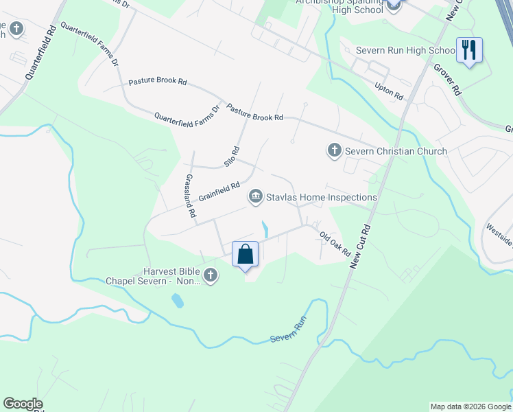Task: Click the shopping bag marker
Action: point(246,255)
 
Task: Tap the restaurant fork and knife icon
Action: point(470,50)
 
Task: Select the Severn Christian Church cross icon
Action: point(334,150)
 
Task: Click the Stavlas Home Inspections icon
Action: point(255,197)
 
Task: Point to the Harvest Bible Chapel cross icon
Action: point(211,276)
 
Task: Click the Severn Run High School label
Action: point(405,50)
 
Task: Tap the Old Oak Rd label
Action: point(335,244)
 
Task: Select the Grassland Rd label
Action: point(189,196)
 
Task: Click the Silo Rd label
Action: point(231,157)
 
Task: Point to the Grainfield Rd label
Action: point(219,191)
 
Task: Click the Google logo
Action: point(23,404)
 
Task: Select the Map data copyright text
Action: point(470,407)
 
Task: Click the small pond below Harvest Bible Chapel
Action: point(178,300)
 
